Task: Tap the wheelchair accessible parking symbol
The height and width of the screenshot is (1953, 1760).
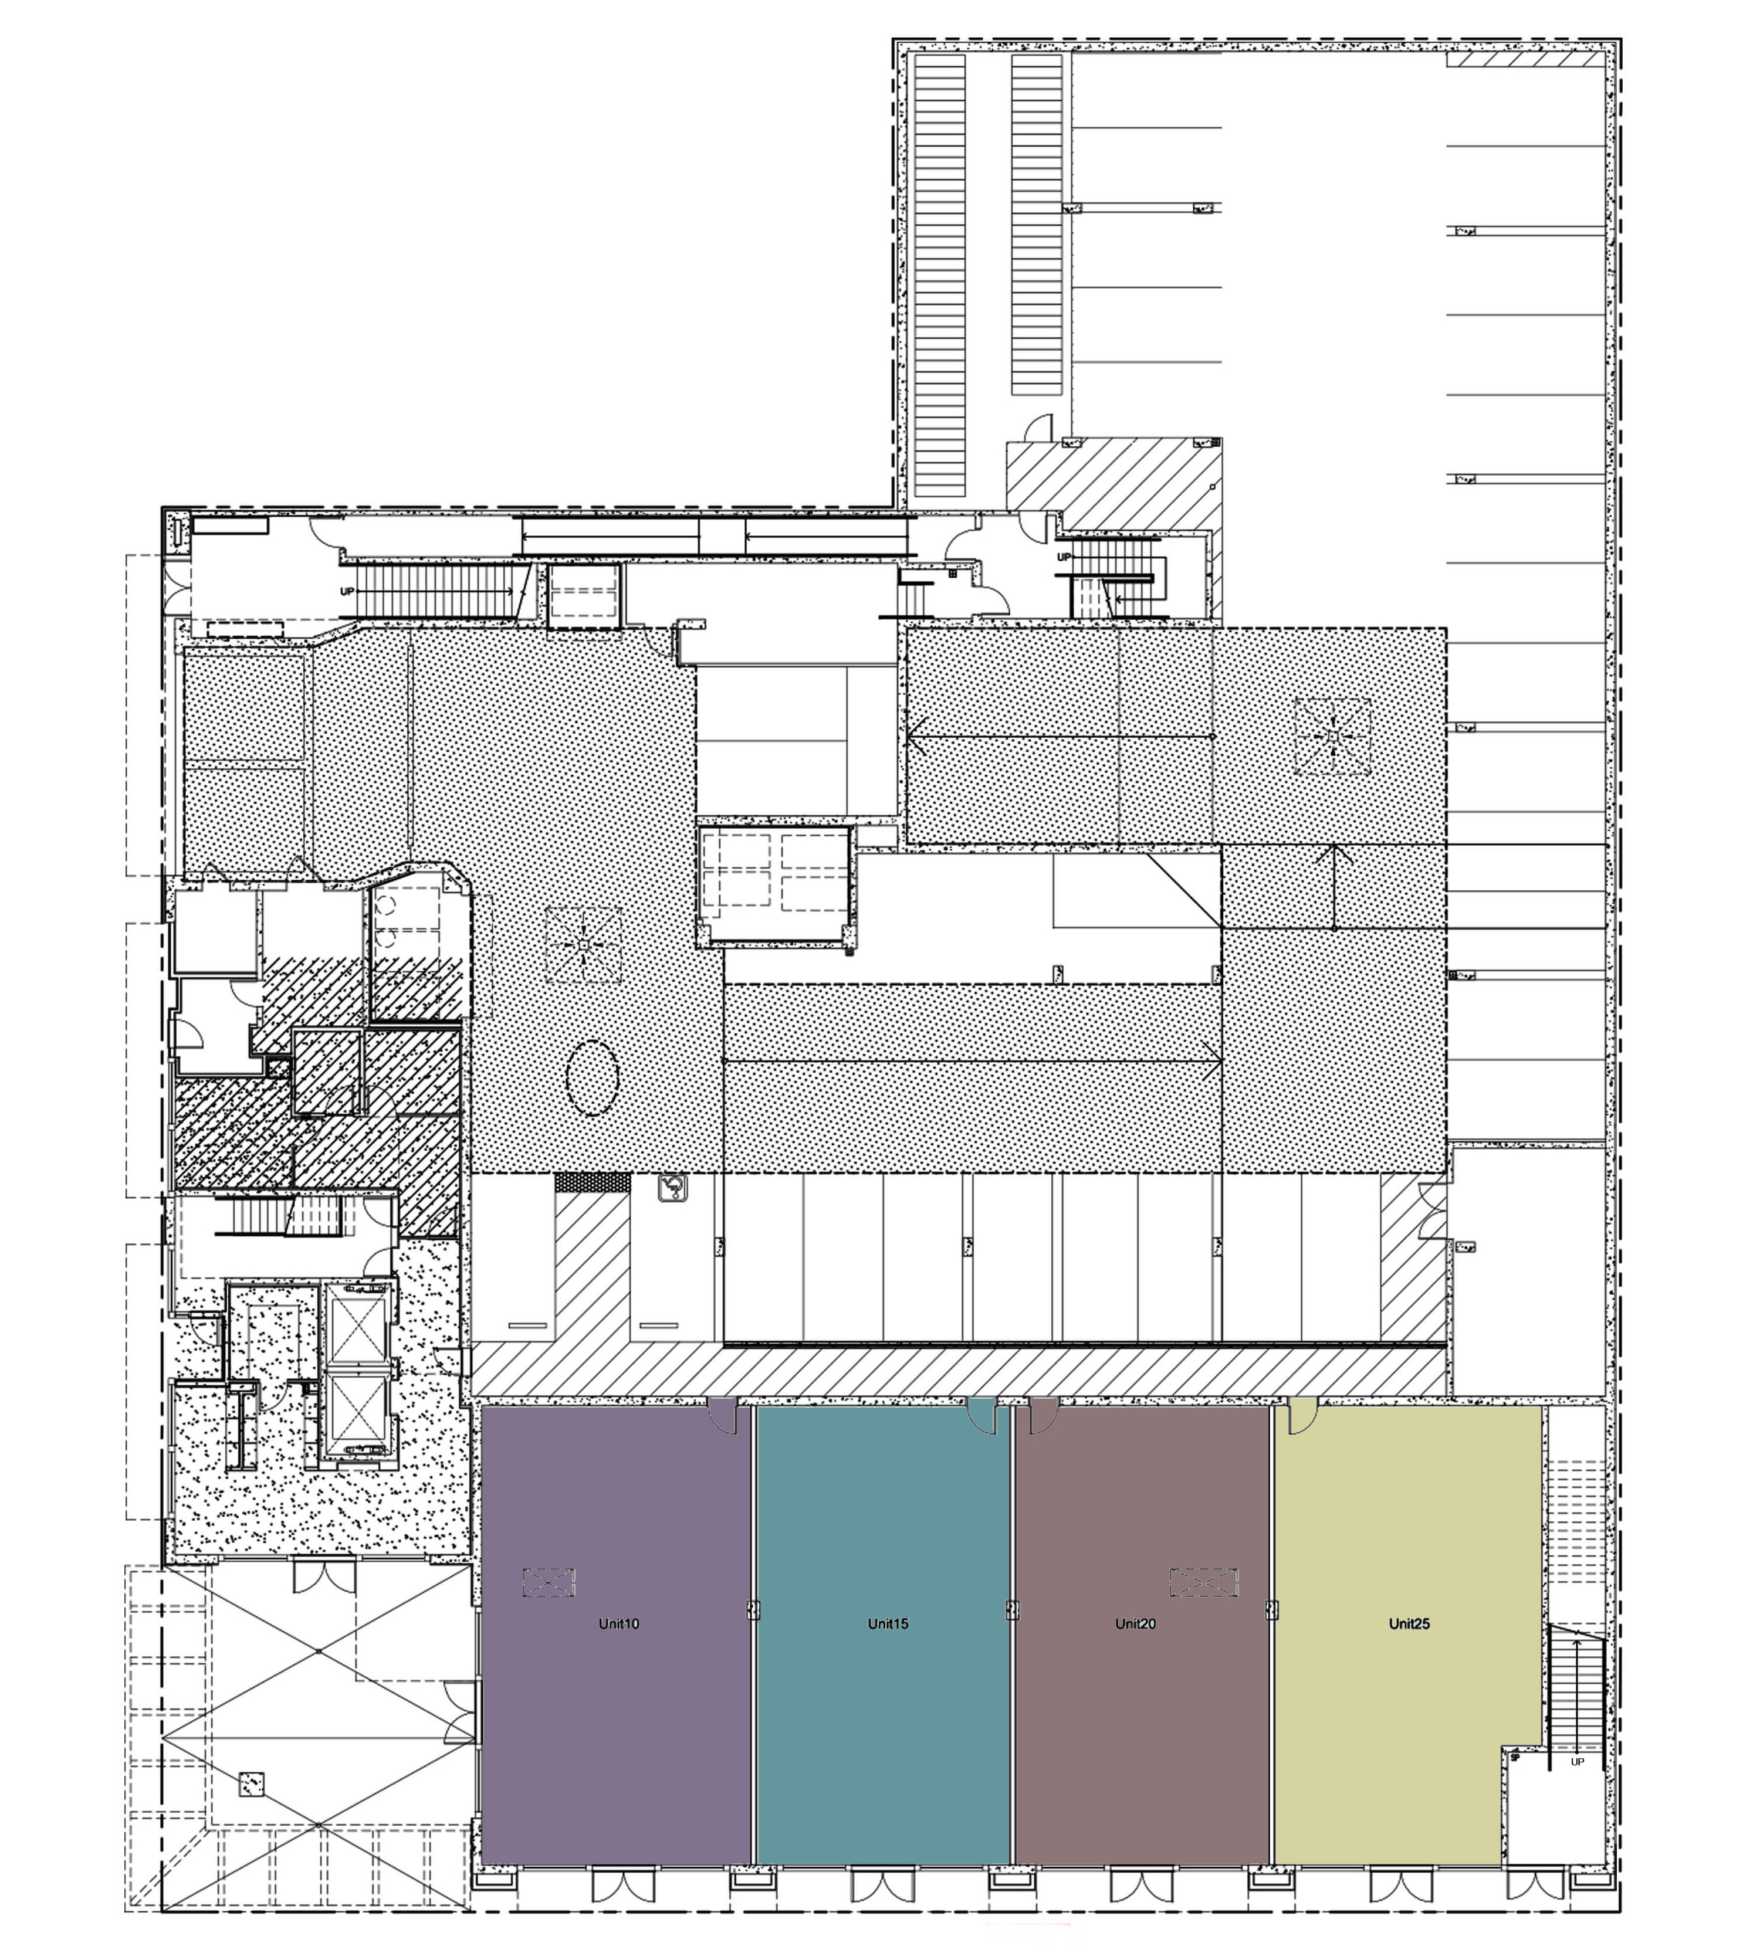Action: pyautogui.click(x=670, y=1188)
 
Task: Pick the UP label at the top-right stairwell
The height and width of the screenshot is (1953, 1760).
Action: pyautogui.click(x=1064, y=558)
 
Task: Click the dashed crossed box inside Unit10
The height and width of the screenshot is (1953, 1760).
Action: pyautogui.click(x=549, y=1582)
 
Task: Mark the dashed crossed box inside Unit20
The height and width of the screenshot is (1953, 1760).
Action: pyautogui.click(x=1204, y=1582)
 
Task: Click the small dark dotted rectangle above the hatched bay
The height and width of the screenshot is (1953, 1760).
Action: pyautogui.click(x=592, y=1182)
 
